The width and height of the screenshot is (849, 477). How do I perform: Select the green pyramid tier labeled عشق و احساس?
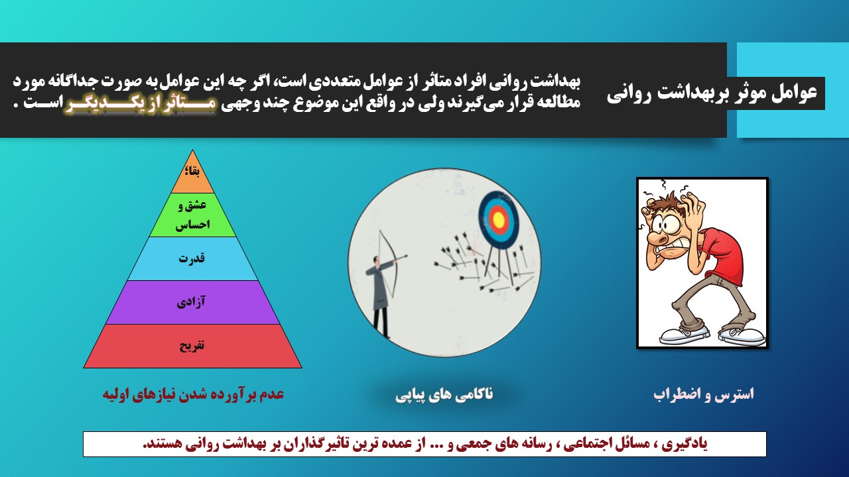point(192,215)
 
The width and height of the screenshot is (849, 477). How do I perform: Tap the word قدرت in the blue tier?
point(192,258)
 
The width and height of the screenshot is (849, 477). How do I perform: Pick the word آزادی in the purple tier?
point(191,302)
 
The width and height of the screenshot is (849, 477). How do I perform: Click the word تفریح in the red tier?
point(192,346)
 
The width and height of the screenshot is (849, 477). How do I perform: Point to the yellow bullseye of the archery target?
point(498,219)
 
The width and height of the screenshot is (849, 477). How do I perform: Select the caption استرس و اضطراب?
point(704,395)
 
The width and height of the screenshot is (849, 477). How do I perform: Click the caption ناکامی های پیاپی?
point(444,395)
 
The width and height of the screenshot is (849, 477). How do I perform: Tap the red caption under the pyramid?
point(193,394)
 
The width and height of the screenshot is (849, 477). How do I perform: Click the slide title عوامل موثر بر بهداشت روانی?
point(712,93)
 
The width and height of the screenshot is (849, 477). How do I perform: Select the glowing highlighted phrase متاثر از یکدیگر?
point(140,105)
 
